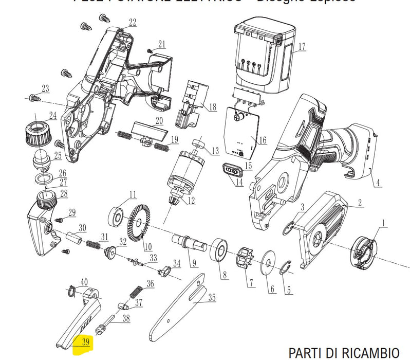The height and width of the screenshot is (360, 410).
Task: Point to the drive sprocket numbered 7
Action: tap(243, 259)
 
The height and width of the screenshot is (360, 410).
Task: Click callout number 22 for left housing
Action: tap(133, 22)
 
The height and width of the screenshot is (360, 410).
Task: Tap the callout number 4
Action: tap(378, 182)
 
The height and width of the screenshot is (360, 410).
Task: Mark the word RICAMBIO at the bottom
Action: tap(368, 353)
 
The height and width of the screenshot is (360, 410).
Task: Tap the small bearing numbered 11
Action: tap(117, 215)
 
